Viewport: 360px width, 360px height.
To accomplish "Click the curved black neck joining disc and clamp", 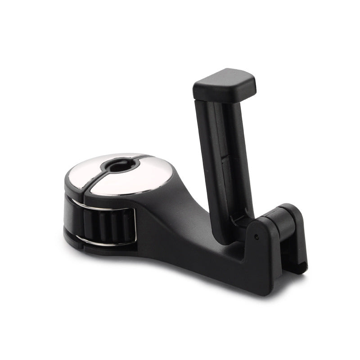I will tap(171, 211).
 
